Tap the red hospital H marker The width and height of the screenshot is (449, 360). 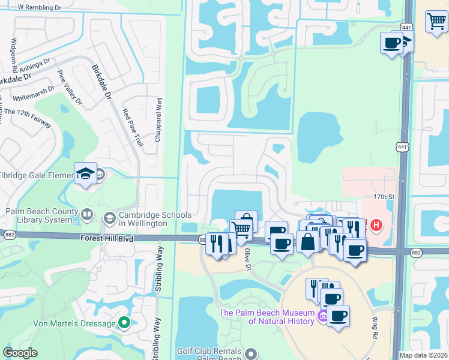(x=376, y=226)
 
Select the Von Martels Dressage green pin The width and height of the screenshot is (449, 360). (x=124, y=323)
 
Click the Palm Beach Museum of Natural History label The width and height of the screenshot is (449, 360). (x=267, y=317)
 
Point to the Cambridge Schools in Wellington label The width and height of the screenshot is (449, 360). (x=155, y=219)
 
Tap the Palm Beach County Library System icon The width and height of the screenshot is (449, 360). (x=87, y=214)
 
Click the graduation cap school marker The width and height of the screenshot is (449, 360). (x=85, y=173)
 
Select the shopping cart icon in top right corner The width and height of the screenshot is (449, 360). (x=436, y=22)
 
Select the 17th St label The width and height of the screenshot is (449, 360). (x=383, y=197)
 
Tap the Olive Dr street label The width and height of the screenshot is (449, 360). (x=246, y=259)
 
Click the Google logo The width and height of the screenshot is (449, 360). (x=20, y=353)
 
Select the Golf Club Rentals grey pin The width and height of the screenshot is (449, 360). (x=250, y=352)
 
